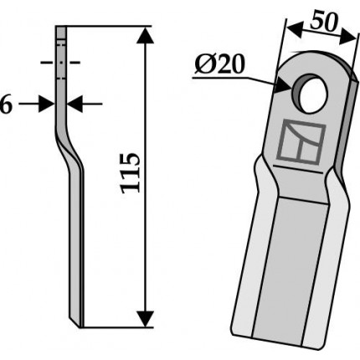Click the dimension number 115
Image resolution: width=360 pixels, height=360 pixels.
(x=130, y=173)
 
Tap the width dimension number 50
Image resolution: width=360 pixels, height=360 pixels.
(x=324, y=23)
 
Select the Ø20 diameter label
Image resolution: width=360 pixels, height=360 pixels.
(x=219, y=64)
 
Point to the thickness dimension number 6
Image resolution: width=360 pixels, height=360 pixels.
(x=6, y=104)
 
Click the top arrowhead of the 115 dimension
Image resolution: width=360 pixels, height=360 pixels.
(x=146, y=35)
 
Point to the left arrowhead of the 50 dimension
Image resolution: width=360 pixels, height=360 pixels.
(x=295, y=29)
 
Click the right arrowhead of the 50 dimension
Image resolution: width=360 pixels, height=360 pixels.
(x=348, y=37)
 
